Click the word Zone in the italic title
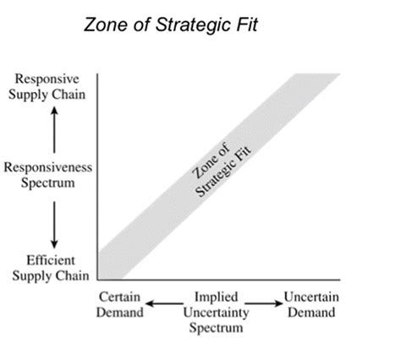coord(106,25)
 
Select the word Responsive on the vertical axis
coord(47,79)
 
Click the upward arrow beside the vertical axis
coord(54,130)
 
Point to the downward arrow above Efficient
coord(54,225)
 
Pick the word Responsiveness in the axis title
coord(48,167)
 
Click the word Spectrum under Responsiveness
coord(48,183)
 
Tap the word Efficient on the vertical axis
coord(51,260)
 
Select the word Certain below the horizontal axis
coord(119,297)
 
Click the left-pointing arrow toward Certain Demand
coord(165,303)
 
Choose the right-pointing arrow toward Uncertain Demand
coord(263,303)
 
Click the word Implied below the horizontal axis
coord(217,297)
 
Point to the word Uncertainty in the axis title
coord(217,313)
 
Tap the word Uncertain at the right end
coord(311,297)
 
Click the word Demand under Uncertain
coord(311,313)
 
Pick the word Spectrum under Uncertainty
coord(216,328)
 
